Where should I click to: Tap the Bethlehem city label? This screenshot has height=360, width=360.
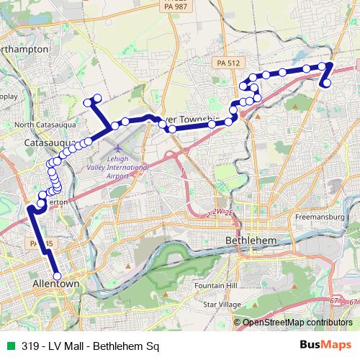248,239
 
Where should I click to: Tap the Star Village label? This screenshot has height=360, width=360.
221,305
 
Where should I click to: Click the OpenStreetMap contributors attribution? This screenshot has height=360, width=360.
297,323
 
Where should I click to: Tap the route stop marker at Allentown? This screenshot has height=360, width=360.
57,274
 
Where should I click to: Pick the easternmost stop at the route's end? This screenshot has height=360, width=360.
327,84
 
